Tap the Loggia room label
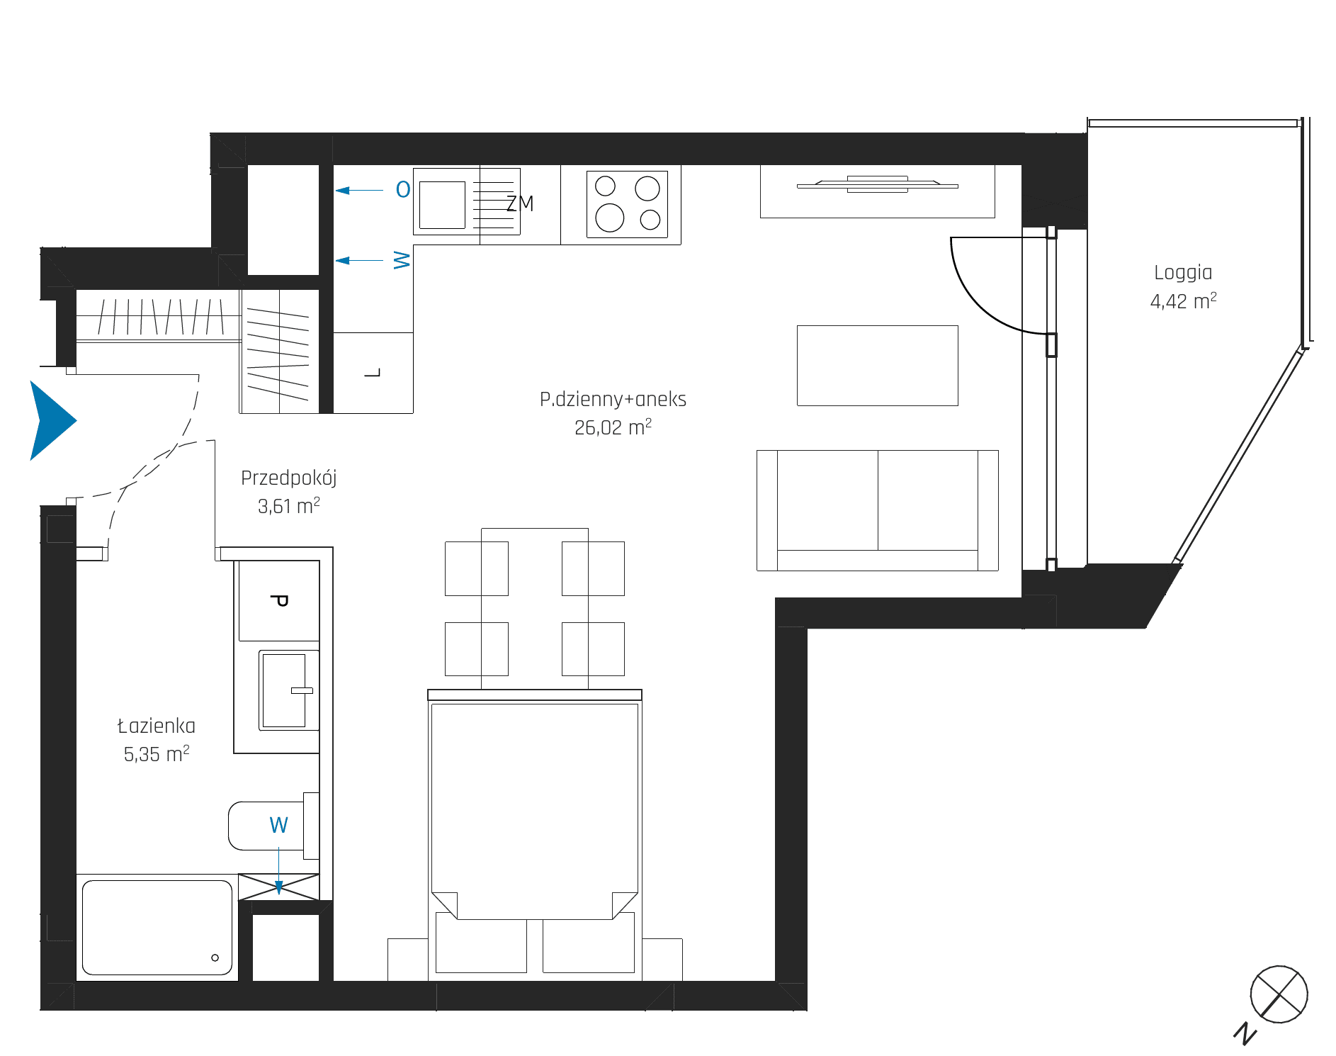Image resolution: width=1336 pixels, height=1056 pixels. pos(1183,274)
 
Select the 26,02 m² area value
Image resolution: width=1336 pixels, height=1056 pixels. pos(613,427)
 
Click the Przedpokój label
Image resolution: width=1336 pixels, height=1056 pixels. pos(288,478)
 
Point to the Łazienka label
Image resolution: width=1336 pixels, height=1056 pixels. pos(157,726)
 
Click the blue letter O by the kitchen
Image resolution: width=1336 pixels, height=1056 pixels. pos(403,190)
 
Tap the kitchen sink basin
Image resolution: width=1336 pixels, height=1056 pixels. pos(442,205)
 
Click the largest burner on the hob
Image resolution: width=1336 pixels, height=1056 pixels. pos(609,218)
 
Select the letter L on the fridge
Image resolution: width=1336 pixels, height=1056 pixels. pos(373,373)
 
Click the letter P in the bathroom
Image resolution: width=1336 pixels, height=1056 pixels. pos(279,601)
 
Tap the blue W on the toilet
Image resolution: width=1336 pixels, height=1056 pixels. pos(278,825)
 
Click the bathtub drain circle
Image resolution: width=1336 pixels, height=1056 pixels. pos(215,958)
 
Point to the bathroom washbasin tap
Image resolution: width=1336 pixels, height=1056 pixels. pos(302,690)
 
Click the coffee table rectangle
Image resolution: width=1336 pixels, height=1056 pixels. pos(878,366)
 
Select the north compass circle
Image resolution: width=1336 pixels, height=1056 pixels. pos(1279,994)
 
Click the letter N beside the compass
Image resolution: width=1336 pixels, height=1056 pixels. pos(1245,1034)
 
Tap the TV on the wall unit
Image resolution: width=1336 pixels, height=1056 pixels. pos(878,185)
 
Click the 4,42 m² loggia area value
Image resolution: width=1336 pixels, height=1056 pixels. pos(1183,301)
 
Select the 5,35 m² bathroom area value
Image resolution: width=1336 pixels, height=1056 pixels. pos(157,754)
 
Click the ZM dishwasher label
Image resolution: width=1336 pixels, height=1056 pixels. pos(520,204)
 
